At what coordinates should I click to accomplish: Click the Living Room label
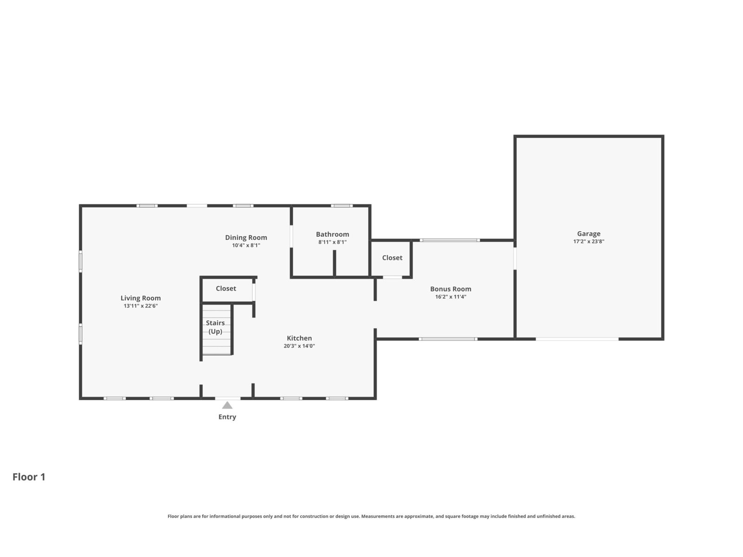141,298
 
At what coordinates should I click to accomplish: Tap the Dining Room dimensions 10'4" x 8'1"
246,245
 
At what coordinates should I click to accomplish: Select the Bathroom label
332,234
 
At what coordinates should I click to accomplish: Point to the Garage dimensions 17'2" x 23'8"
589,241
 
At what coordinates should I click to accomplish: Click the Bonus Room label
450,289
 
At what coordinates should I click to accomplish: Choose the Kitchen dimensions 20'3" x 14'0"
299,346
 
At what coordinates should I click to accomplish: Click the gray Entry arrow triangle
227,405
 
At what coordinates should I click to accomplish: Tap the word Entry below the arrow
227,417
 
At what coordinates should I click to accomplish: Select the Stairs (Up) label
215,327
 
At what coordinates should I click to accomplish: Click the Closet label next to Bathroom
392,258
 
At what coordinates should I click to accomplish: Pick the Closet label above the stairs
226,288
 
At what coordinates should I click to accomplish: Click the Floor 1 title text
29,477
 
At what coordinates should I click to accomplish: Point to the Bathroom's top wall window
341,206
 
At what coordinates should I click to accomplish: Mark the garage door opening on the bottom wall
577,339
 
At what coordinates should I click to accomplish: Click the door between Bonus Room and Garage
515,259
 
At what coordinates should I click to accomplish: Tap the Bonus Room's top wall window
450,240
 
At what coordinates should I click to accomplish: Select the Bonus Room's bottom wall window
448,339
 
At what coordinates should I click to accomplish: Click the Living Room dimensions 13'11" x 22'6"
141,306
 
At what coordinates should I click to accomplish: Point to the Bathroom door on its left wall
291,236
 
